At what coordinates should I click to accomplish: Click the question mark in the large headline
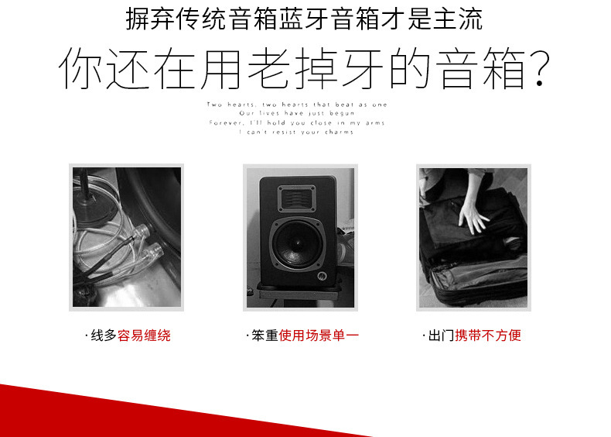538,70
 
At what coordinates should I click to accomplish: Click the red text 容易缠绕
144,335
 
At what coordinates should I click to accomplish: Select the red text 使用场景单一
319,335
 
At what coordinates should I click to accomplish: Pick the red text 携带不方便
488,335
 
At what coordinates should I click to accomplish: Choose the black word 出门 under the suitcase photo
441,335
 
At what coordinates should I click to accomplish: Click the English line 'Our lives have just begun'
296,114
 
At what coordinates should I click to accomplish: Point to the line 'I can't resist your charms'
296,132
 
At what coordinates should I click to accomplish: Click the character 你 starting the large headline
81,70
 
